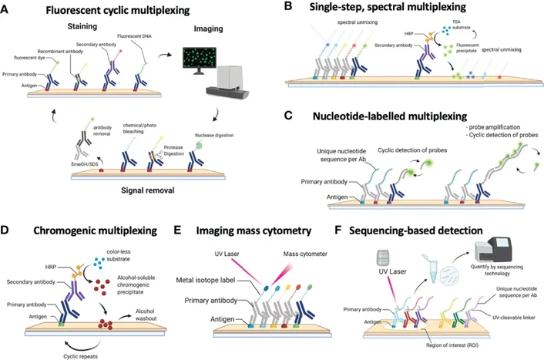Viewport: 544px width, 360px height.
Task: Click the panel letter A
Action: coord(6,9)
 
